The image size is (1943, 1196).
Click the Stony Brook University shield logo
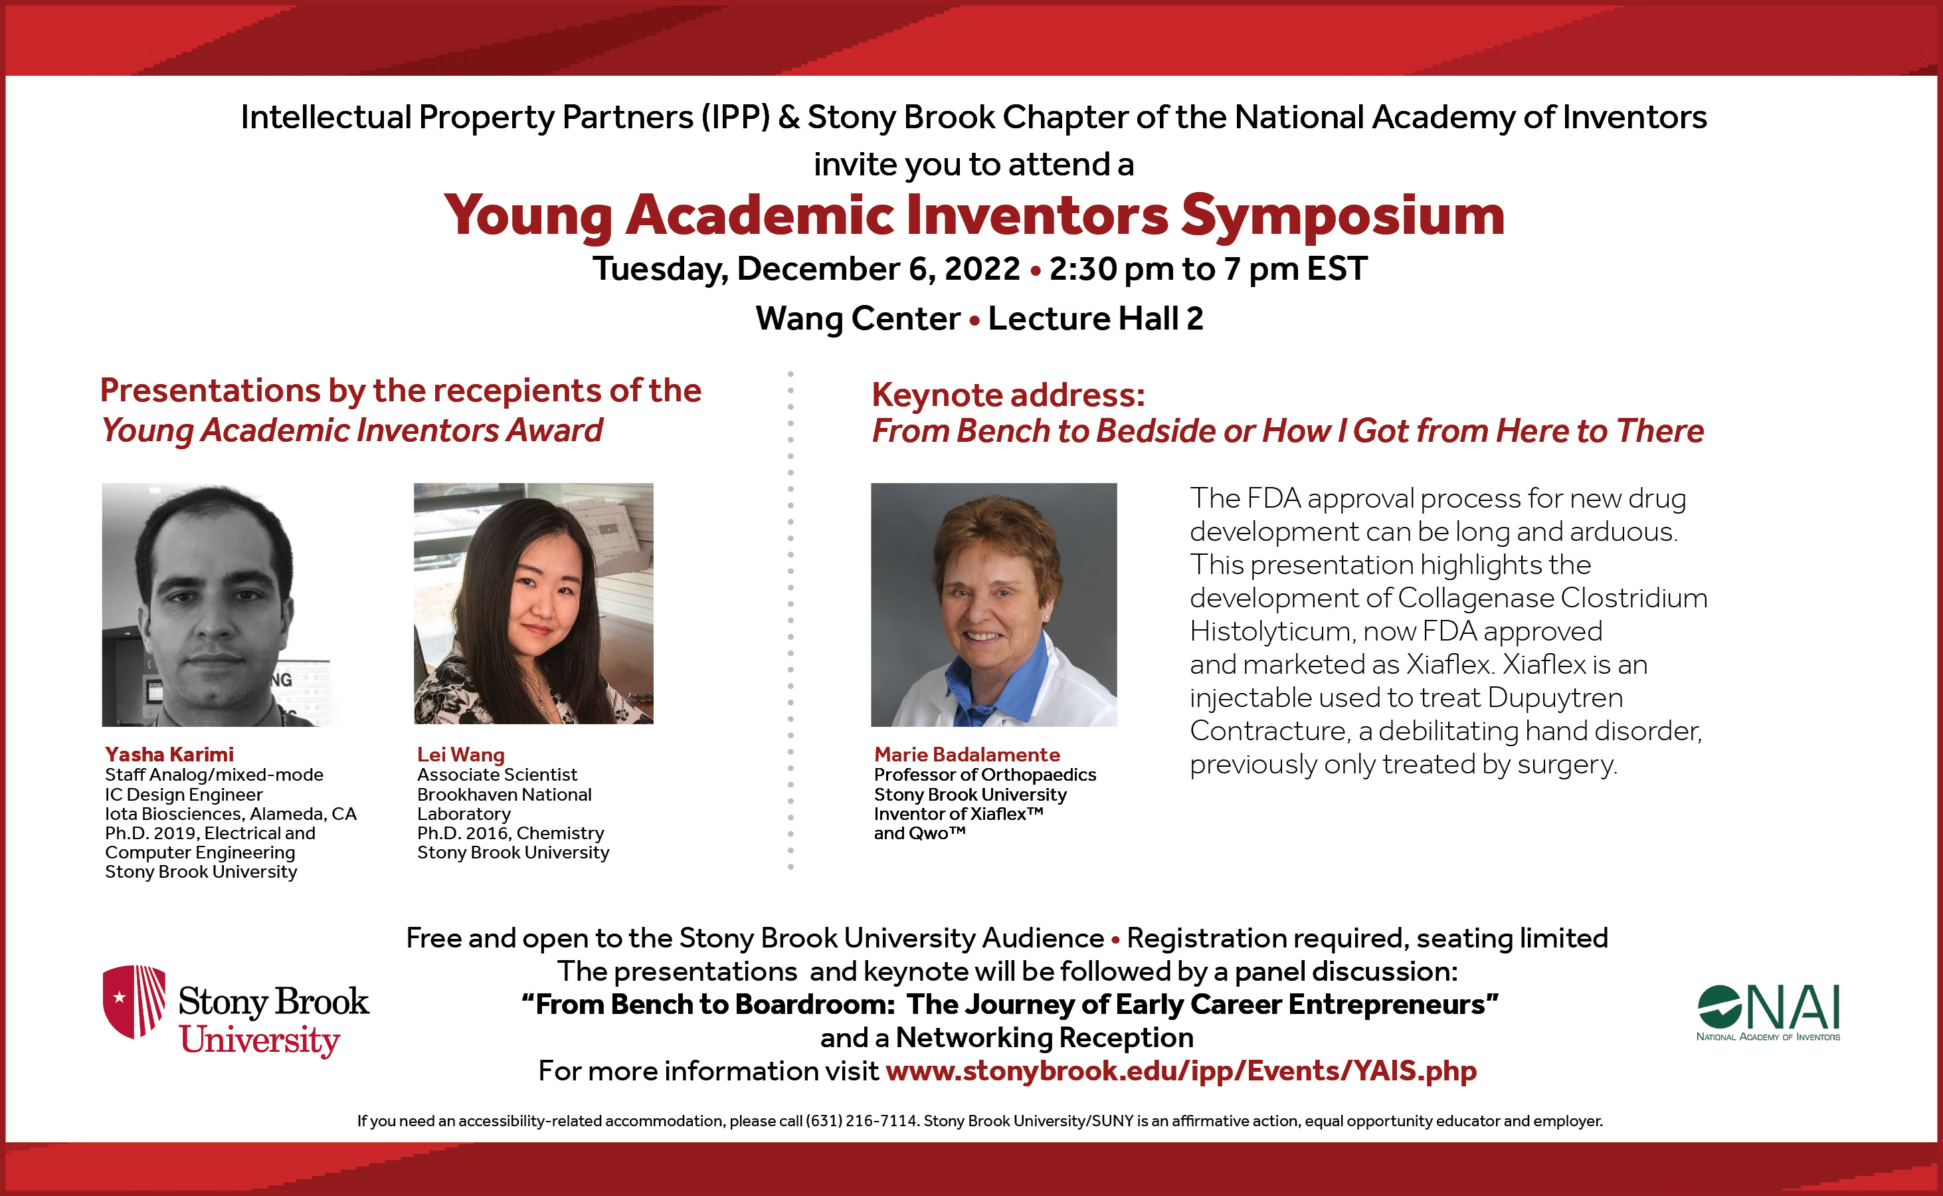coord(134,1001)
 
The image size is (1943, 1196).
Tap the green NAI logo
coord(1768,1013)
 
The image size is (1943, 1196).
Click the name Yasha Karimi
coord(169,755)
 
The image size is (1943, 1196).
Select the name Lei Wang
coord(460,755)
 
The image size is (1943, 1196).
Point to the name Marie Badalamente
coord(967,755)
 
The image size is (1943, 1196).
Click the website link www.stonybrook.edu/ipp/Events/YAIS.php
coord(1180,1070)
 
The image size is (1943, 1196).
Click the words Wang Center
coord(858,319)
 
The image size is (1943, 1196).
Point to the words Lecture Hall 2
coord(1095,319)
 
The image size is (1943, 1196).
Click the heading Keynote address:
coord(1008,395)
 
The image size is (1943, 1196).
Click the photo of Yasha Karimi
coord(221,605)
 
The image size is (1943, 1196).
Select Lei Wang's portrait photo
coord(534,603)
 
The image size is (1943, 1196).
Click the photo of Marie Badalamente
coord(994,605)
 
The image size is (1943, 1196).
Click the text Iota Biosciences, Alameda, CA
coord(231,814)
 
